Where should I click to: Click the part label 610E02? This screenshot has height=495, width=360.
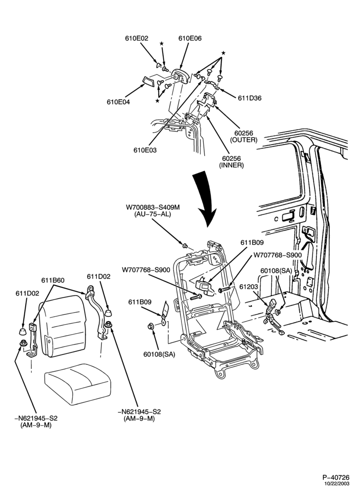[136, 38]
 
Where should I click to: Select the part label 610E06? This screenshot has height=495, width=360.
[190, 38]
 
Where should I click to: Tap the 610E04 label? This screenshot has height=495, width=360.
[118, 102]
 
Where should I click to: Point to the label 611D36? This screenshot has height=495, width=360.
[250, 98]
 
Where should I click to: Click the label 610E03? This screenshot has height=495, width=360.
[145, 150]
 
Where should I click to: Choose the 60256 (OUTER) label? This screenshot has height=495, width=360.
[244, 137]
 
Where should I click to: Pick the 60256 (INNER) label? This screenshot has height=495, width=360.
[231, 162]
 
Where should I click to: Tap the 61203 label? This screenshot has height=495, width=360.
[249, 287]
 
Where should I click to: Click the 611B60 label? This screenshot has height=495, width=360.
[53, 280]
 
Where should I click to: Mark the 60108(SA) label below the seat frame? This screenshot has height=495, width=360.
[159, 354]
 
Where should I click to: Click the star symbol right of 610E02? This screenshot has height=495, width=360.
[162, 43]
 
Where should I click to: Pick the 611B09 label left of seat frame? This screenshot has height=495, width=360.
[139, 302]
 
